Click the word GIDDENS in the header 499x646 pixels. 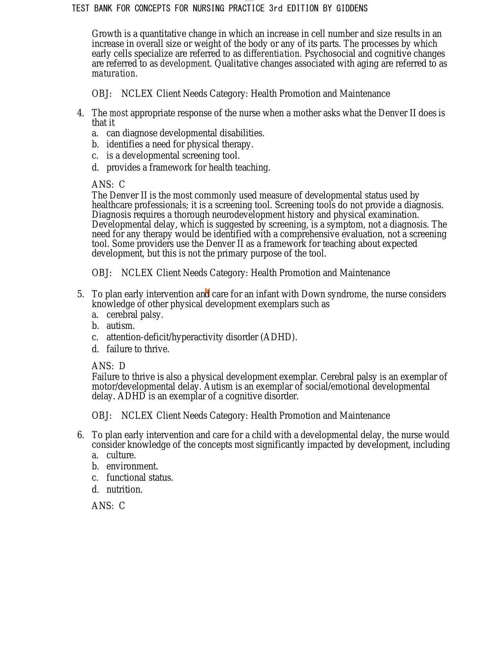pyautogui.click(x=352, y=8)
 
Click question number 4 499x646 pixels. pyautogui.click(x=81, y=113)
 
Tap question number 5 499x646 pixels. pyautogui.click(x=81, y=294)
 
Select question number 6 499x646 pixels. pyautogui.click(x=81, y=435)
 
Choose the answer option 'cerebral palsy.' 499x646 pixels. pyautogui.click(x=135, y=315)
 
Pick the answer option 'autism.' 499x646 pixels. pyautogui.click(x=121, y=326)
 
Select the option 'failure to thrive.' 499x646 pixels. pyautogui.click(x=138, y=349)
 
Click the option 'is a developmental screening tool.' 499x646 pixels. pyautogui.click(x=173, y=155)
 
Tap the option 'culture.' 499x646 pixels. pyautogui.click(x=121, y=455)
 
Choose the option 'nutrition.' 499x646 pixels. pyautogui.click(x=124, y=489)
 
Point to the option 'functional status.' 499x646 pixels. pyautogui.click(x=140, y=478)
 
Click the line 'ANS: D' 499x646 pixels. pyautogui.click(x=108, y=366)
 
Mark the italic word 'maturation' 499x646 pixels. pyautogui.click(x=113, y=74)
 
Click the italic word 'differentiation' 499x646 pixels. pyautogui.click(x=272, y=54)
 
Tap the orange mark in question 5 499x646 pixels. pyautogui.click(x=207, y=292)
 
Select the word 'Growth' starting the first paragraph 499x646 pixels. pyautogui.click(x=107, y=34)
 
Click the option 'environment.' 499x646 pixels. pyautogui.click(x=132, y=466)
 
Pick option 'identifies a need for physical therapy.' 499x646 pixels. pyautogui.click(x=180, y=144)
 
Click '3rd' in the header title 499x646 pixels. pyautogui.click(x=276, y=8)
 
